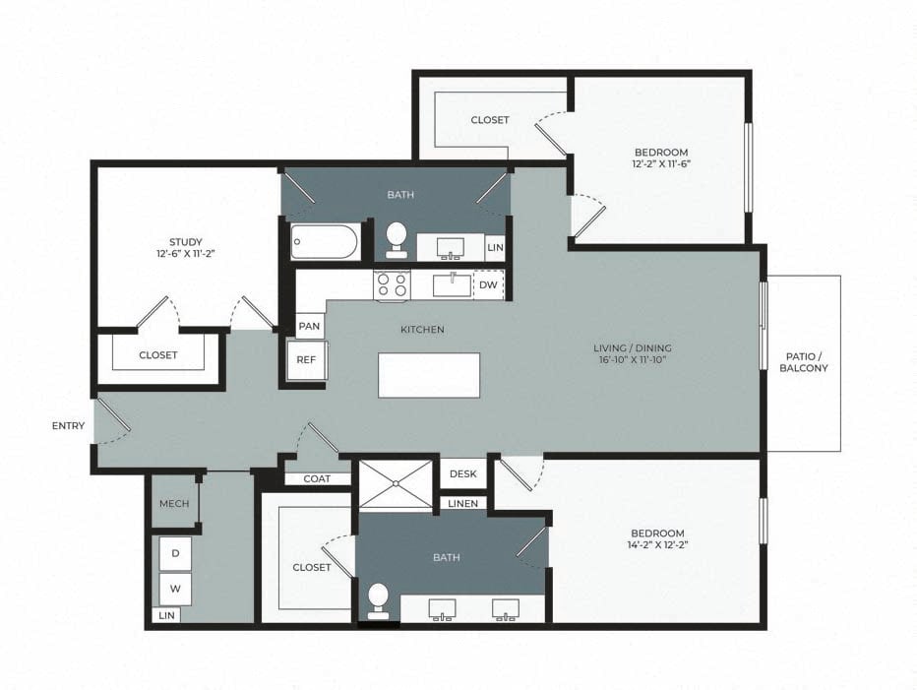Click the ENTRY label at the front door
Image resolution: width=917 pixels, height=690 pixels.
coord(68,426)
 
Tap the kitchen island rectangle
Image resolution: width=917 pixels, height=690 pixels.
coord(429,375)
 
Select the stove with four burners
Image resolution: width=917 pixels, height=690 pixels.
coord(391,285)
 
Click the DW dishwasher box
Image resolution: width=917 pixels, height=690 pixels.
coord(488,285)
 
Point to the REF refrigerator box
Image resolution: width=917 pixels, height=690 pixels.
coord(306,360)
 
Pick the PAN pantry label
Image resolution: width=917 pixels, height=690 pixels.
coord(309,326)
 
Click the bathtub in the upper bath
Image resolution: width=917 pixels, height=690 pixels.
coord(326,242)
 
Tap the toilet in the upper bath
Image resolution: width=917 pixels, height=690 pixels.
coord(397,236)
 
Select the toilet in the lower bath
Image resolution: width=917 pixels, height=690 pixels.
coord(378,600)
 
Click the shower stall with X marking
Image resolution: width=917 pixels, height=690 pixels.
coord(396,483)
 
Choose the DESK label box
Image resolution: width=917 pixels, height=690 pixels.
coord(462,473)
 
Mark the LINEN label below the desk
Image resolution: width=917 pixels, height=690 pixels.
coord(462,504)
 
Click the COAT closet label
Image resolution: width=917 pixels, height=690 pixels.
coord(317,479)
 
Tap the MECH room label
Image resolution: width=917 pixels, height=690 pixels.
coord(174,504)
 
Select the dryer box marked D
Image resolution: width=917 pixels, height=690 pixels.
coord(175,554)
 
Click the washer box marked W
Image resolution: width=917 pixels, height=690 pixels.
coord(175,589)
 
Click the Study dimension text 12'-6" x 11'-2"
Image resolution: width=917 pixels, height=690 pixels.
coord(185,253)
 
